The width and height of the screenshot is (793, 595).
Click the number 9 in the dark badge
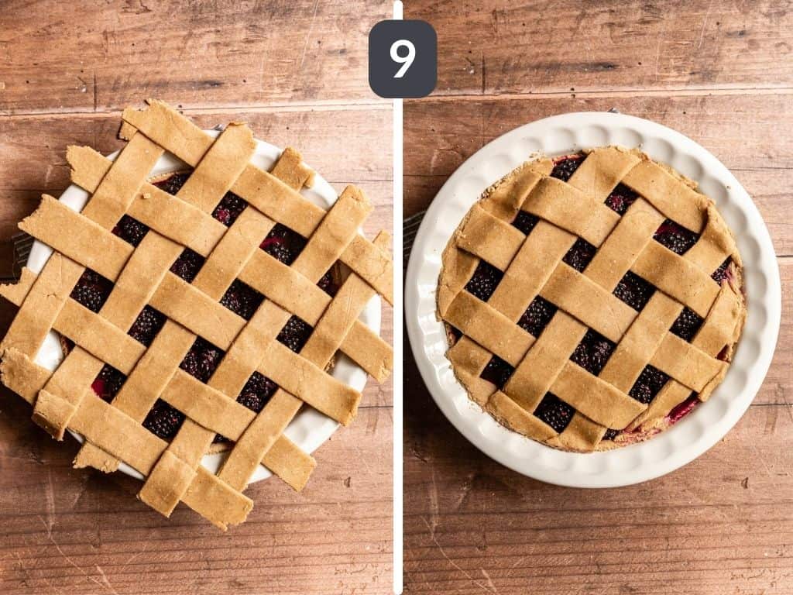coord(402,59)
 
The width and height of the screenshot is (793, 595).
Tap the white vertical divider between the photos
coord(398,310)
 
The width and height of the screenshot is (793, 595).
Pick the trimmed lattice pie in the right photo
coord(592,298)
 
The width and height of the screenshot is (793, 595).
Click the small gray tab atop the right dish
coord(613,111)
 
